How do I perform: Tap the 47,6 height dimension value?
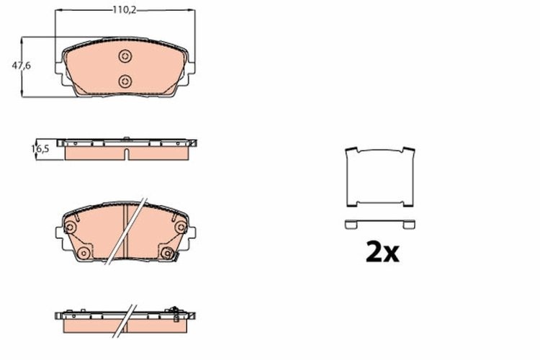coord(21,66)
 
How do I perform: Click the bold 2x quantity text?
coord(382,251)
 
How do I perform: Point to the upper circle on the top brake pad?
coord(125,57)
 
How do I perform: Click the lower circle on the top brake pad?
coord(125,80)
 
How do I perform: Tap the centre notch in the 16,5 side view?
coord(125,154)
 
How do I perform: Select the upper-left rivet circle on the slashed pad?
coord(71,229)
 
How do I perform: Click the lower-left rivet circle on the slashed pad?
coord(83,252)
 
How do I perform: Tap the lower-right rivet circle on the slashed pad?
coord(168,252)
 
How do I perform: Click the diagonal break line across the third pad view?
coord(127,230)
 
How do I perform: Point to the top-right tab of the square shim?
coord(409,152)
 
